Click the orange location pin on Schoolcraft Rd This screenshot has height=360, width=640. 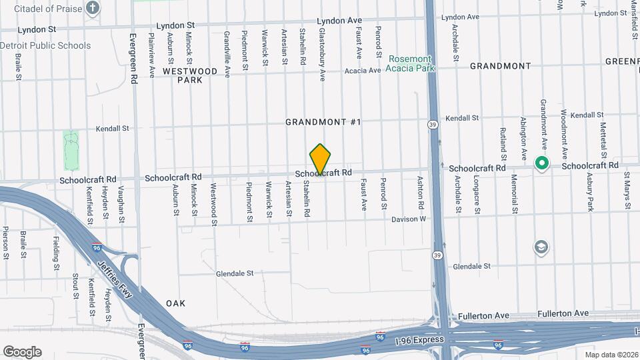point(321,159)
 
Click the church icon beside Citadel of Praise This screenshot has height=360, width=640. point(93,9)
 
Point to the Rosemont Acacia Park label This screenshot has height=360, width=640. point(409,63)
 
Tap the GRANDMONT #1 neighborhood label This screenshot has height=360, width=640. point(323,122)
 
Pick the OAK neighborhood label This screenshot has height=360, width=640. point(175,303)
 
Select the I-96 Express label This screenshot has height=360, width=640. point(419,340)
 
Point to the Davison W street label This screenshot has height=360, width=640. point(408,219)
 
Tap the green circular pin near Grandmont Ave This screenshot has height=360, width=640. point(542,163)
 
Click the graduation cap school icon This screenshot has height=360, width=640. point(541,248)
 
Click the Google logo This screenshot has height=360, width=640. point(22,352)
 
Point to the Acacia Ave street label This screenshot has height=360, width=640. point(362,70)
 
